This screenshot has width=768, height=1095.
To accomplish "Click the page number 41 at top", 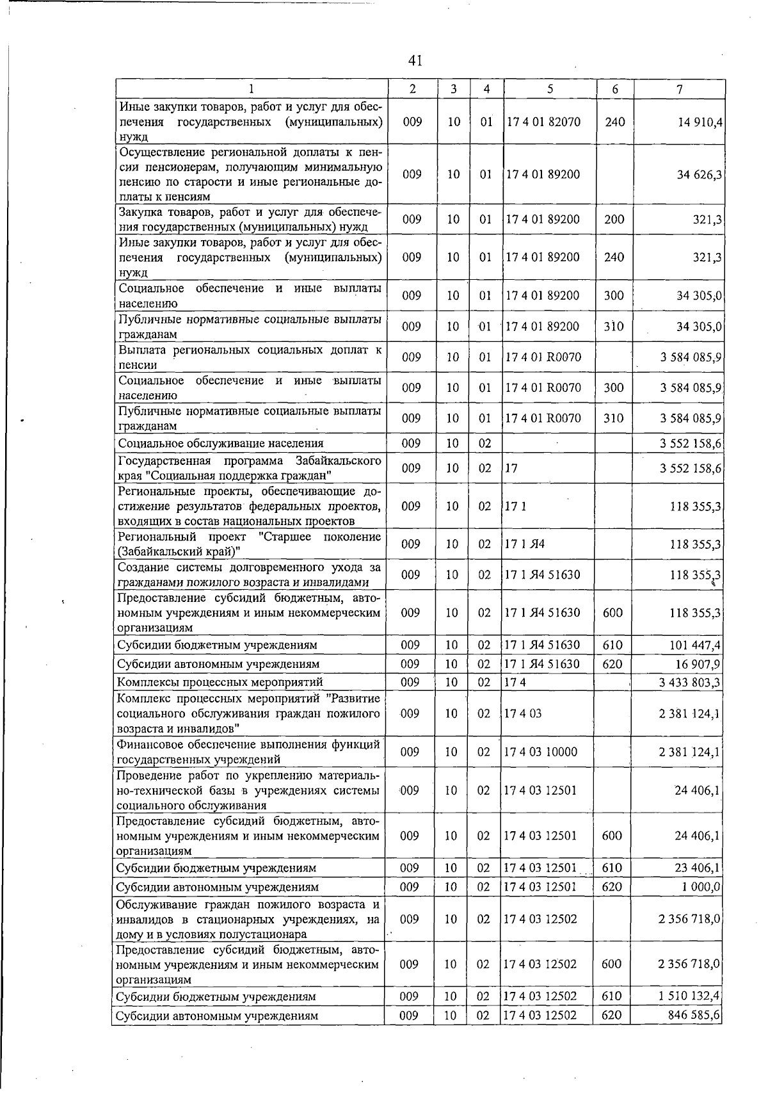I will pos(415,61).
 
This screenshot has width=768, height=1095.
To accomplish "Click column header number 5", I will pos(550,89).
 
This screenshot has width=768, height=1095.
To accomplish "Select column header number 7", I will pos(679,89).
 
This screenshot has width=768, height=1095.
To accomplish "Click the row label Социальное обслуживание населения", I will pos(221,443).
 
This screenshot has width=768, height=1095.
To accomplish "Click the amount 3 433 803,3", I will pos(690,683).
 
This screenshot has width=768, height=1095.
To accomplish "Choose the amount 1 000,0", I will pos(701,887).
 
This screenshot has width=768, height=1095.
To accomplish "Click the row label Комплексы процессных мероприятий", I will pos(220,683).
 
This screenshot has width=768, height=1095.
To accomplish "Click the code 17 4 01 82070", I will pos(543,121).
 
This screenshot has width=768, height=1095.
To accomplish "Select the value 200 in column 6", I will pos(614,220).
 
